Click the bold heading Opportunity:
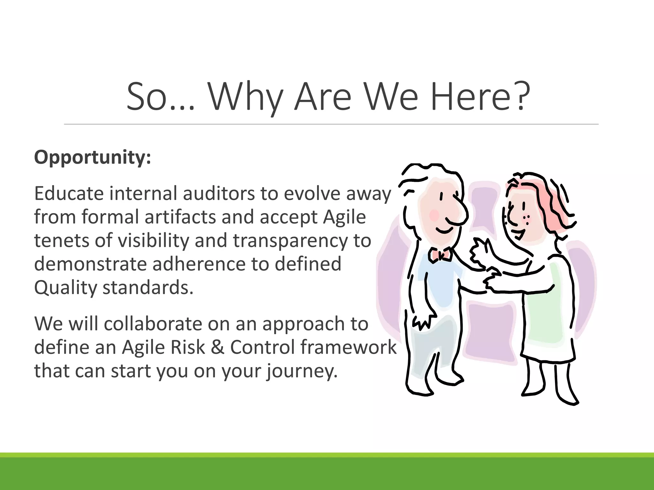(x=92, y=157)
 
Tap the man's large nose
(x=457, y=211)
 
